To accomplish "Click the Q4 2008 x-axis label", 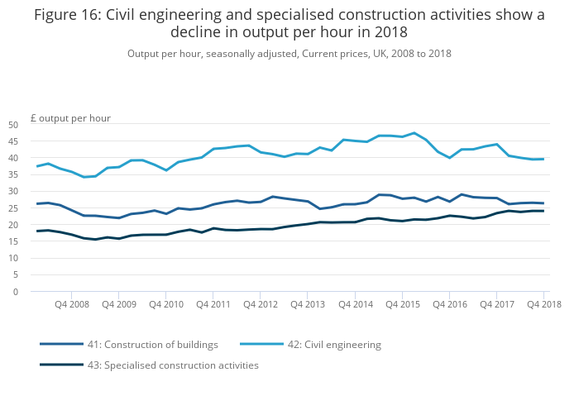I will click(x=71, y=304).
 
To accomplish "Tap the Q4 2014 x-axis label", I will click(x=355, y=304).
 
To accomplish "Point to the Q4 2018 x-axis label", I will click(x=544, y=304).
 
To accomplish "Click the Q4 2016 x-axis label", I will click(x=449, y=304).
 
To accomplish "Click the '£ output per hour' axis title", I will click(x=71, y=118).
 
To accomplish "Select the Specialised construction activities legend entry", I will click(x=173, y=365).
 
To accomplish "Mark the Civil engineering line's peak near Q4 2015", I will click(x=414, y=133).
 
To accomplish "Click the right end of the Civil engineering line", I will click(x=543, y=159).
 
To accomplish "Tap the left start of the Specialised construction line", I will click(x=36, y=231).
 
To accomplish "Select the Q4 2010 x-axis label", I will click(x=165, y=304).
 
